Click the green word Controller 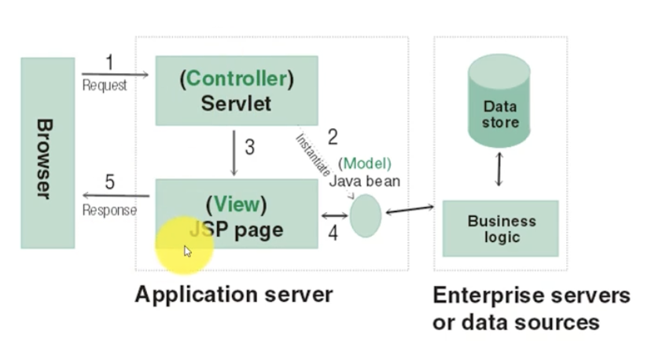(x=237, y=79)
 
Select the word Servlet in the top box (x=236, y=104)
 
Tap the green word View (x=237, y=204)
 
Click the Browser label (x=45, y=159)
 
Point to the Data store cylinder (x=499, y=101)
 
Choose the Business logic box (x=501, y=229)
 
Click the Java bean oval (x=366, y=216)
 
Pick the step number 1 (x=109, y=62)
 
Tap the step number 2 (x=333, y=137)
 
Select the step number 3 (x=249, y=147)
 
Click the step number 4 (x=333, y=233)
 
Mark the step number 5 (x=109, y=182)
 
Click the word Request (x=105, y=85)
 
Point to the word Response (x=109, y=210)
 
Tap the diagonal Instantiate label (x=313, y=155)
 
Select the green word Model (x=365, y=163)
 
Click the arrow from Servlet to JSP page (x=234, y=152)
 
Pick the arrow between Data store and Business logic (x=499, y=169)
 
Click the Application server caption (x=234, y=295)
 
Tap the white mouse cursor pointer (x=188, y=252)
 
